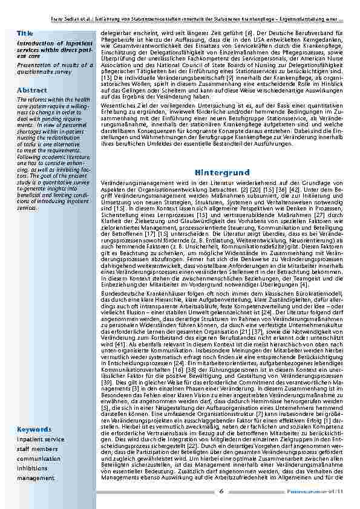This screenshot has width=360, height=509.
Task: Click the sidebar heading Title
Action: tap(25, 33)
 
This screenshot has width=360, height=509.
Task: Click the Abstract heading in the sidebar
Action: tap(32, 89)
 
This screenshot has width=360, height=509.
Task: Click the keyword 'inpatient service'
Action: tap(41, 439)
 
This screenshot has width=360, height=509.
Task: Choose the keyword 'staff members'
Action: tap(37, 449)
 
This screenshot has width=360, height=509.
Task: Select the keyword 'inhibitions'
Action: tap(33, 468)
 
